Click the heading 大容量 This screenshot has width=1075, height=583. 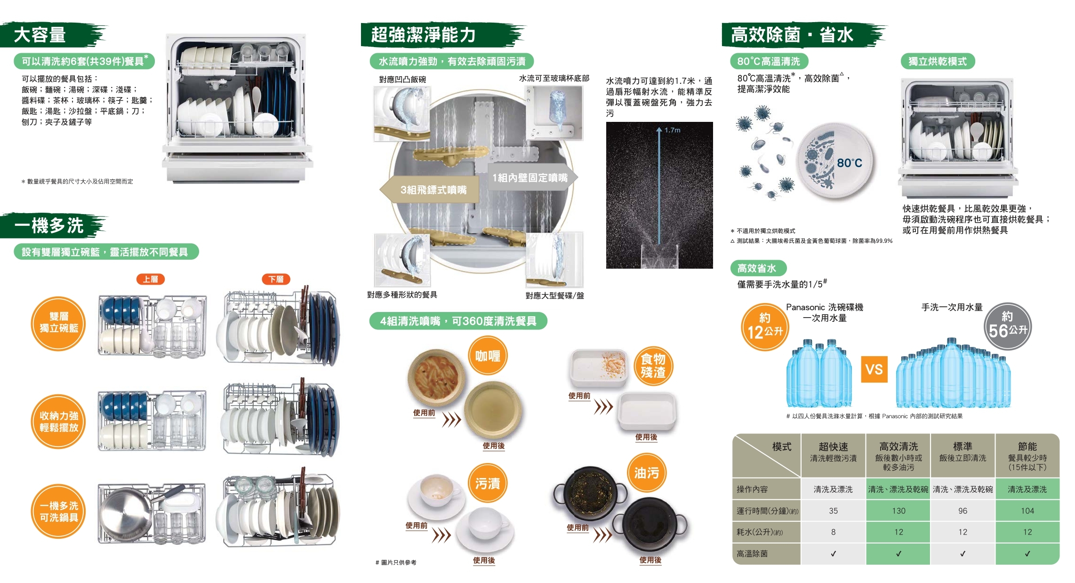pyautogui.click(x=40, y=35)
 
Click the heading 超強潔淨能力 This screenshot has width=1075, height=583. pyautogui.click(x=424, y=35)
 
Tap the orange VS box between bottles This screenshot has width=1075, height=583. pyautogui.click(x=874, y=369)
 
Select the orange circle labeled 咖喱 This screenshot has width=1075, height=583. pyautogui.click(x=488, y=356)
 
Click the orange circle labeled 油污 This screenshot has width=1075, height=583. pyautogui.click(x=647, y=472)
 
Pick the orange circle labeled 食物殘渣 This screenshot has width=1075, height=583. pyautogui.click(x=653, y=366)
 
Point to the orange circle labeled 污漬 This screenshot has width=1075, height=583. pyautogui.click(x=488, y=483)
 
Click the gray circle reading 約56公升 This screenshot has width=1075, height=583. pyautogui.click(x=1007, y=326)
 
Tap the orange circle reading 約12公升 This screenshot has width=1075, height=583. pyautogui.click(x=765, y=326)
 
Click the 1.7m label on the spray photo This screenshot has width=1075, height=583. pyautogui.click(x=673, y=130)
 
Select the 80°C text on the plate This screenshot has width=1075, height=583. pyautogui.click(x=850, y=163)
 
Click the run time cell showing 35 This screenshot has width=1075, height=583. pyautogui.click(x=833, y=511)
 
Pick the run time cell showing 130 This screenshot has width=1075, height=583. pyautogui.click(x=899, y=511)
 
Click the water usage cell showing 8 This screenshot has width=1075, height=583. pyautogui.click(x=833, y=532)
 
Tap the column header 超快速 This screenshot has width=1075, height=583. pyautogui.click(x=833, y=447)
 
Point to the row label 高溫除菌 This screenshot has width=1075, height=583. pyautogui.click(x=752, y=554)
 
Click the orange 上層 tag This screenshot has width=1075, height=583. pyautogui.click(x=151, y=279)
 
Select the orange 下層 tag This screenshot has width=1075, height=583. pyautogui.click(x=276, y=279)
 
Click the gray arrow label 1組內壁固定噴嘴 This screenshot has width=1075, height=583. pyautogui.click(x=530, y=177)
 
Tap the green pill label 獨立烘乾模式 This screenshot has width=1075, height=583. pyautogui.click(x=938, y=61)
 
